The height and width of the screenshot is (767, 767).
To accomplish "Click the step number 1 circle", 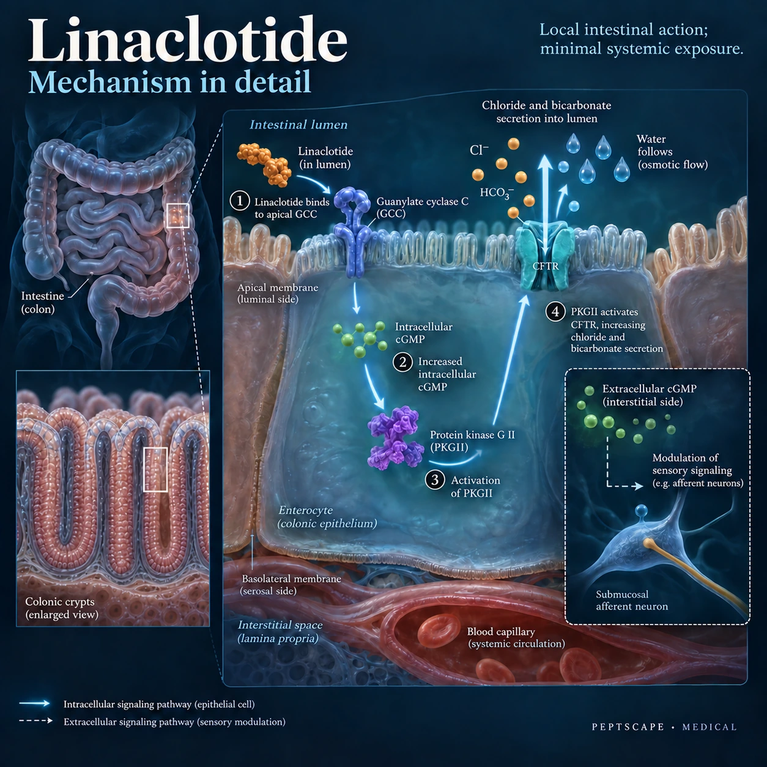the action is click(240, 201).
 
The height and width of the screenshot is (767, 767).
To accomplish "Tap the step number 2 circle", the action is click(402, 362).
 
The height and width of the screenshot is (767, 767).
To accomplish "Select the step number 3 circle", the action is click(435, 480).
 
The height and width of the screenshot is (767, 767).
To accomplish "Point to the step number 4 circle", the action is click(555, 312).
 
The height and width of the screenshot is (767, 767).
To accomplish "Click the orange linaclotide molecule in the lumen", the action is click(264, 165).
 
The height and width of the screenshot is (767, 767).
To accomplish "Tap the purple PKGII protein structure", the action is click(395, 437).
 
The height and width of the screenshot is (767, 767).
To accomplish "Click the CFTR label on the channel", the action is click(546, 266).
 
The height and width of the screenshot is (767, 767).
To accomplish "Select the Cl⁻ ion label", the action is click(479, 150).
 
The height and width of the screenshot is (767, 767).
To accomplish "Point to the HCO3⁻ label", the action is click(497, 193).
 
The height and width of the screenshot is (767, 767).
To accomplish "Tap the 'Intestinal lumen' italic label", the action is click(298, 125).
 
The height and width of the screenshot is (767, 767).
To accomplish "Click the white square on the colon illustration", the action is click(177, 215).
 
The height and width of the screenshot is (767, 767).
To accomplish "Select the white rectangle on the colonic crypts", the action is click(155, 469).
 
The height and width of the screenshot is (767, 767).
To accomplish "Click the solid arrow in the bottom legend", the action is click(35, 703).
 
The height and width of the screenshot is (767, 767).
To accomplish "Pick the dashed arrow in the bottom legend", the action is click(36, 721).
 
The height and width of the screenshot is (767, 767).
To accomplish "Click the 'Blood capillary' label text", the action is click(501, 631).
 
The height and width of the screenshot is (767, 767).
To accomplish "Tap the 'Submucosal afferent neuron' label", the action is click(632, 600).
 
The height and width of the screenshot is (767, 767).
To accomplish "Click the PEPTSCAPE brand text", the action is click(628, 727).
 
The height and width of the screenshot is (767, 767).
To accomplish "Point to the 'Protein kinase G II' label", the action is click(472, 435).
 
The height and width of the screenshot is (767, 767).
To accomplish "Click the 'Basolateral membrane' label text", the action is click(291, 579).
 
